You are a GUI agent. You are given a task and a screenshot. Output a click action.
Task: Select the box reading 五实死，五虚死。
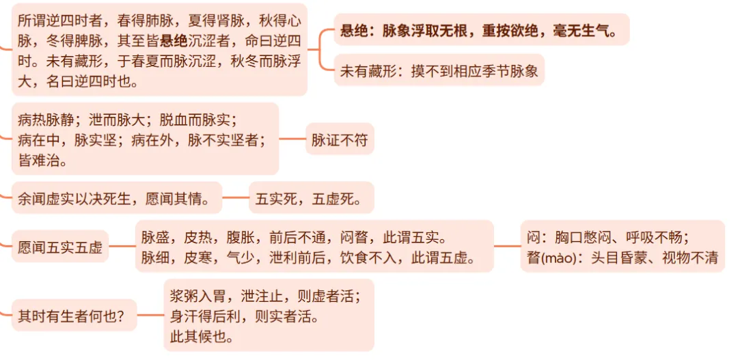[x=311, y=199]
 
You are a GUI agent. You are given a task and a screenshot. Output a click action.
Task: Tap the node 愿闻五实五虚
[x=60, y=247]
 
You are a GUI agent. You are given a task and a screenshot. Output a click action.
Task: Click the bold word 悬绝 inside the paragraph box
[x=174, y=40]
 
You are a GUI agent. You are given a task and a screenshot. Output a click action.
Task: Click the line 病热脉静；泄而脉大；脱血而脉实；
[x=127, y=120]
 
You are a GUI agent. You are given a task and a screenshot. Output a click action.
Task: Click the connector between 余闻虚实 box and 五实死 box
[x=236, y=199]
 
